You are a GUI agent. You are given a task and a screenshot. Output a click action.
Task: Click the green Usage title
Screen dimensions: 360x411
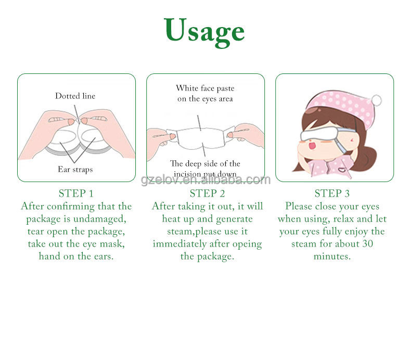204,31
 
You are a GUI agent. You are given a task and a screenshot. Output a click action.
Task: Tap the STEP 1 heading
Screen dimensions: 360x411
76,194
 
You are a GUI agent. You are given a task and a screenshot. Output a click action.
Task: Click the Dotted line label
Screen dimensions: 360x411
75,96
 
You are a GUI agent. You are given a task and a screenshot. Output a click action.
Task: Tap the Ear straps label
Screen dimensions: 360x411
75,169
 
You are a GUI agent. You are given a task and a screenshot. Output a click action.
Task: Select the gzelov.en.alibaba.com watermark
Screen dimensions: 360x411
206,180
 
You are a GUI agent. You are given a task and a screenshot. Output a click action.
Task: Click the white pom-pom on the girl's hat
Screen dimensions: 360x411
376,100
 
